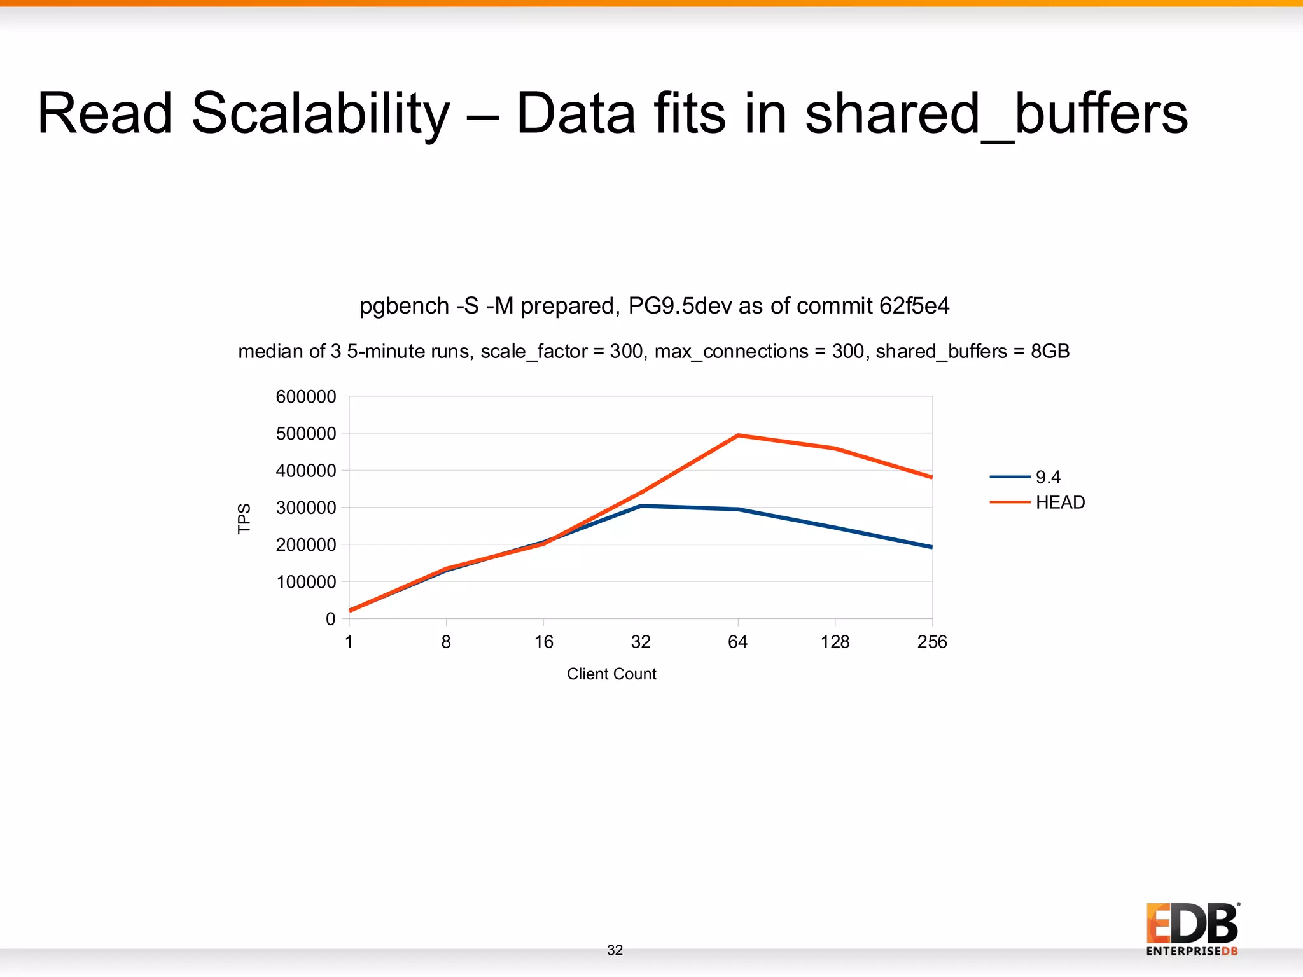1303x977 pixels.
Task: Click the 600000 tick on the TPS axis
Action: click(306, 397)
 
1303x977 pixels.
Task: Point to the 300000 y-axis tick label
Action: click(306, 508)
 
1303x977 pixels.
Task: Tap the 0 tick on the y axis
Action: click(330, 619)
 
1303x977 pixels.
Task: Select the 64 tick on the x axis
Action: click(737, 642)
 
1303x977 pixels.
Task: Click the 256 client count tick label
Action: click(932, 642)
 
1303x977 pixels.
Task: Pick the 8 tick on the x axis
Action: click(446, 642)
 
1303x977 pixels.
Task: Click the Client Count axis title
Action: click(611, 674)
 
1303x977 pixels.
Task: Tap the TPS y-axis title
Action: click(244, 519)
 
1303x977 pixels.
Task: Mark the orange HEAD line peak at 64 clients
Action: click(738, 436)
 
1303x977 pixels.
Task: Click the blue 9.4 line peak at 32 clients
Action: click(641, 506)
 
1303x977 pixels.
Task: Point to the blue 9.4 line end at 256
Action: click(931, 547)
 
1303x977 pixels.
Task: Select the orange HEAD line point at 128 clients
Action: click(835, 448)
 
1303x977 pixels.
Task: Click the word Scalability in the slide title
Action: click(320, 114)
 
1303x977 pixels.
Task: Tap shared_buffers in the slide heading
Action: click(996, 114)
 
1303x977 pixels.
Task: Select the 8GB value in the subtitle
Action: click(1050, 351)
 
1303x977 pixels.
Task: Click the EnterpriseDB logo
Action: click(1192, 929)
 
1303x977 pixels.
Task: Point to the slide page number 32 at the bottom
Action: click(615, 950)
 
